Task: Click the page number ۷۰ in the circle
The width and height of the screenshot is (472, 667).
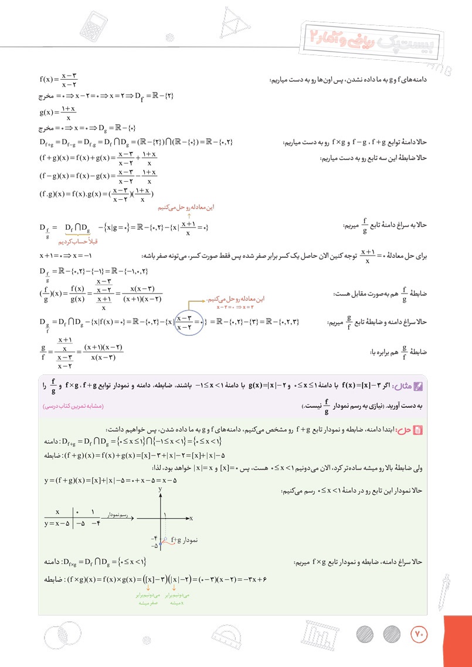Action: (418, 634)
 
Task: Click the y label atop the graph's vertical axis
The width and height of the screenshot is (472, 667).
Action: (159, 488)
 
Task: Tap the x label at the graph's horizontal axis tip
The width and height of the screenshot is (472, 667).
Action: (192, 518)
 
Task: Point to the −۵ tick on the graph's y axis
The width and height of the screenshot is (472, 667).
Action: (155, 546)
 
